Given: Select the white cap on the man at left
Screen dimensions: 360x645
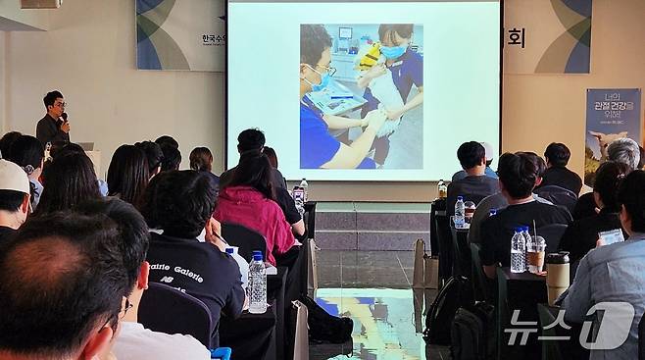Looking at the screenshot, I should [13, 178].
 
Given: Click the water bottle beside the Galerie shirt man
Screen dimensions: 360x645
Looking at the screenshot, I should [257, 283].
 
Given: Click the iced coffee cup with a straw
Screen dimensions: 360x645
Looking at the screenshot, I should [536, 254].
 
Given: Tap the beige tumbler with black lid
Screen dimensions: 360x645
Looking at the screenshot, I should [558, 276].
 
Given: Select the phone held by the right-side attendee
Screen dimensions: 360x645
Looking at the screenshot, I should [610, 236].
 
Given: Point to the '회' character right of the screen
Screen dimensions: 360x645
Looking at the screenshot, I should [516, 37].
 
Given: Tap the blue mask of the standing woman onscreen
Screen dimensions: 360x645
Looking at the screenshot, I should [393, 50].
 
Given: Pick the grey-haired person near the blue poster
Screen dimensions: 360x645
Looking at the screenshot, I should [622, 154].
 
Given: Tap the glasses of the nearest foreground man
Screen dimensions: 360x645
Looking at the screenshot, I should [124, 307].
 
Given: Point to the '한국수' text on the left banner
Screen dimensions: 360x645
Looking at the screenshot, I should [213, 39].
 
